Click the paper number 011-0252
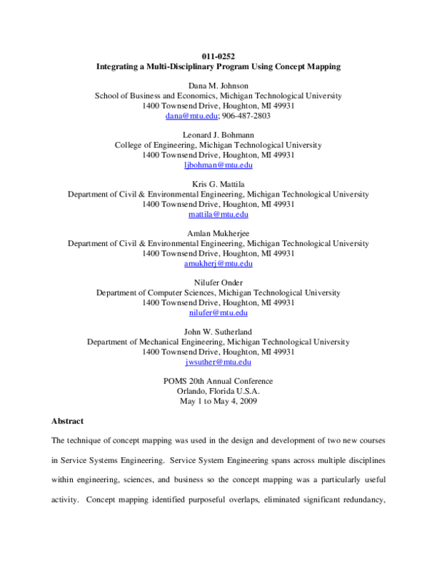[218, 56]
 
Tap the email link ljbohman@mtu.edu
[218, 165]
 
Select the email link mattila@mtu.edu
[218, 215]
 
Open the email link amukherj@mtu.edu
[218, 264]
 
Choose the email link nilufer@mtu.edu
[218, 313]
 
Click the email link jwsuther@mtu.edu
[218, 362]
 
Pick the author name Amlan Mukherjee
[218, 234]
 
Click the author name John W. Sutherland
[218, 332]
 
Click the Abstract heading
[67, 421]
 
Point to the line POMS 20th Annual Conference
[218, 382]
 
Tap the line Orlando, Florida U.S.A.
[218, 391]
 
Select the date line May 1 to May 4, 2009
[218, 401]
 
